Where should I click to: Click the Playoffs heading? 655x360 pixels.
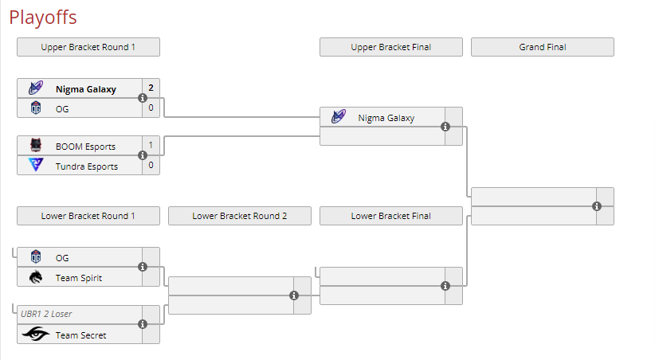[x=43, y=18]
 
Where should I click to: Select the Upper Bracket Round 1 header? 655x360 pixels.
[x=88, y=47]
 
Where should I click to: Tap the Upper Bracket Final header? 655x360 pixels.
[x=390, y=47]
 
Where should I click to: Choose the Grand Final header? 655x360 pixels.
[x=542, y=47]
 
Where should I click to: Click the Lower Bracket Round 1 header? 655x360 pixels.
[x=88, y=216]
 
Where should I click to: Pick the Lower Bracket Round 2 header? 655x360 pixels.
[x=239, y=216]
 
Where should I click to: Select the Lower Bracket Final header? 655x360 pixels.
[x=390, y=216]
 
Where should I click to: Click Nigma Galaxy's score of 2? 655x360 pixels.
[x=151, y=88]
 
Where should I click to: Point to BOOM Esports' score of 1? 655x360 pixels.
[x=151, y=147]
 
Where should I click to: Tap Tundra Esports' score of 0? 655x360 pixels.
[x=151, y=166]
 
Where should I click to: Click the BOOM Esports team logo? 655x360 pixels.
[x=36, y=147]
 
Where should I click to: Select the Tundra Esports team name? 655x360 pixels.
[x=86, y=166]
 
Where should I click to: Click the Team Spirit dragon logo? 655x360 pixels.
[x=36, y=277]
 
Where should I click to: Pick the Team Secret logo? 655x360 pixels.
[x=36, y=335]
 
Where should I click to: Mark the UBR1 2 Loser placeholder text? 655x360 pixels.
[x=46, y=314]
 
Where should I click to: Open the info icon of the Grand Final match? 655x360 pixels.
[x=597, y=206]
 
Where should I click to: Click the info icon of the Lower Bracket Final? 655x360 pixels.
[x=445, y=286]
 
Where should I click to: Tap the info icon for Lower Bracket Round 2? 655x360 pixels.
[x=294, y=295]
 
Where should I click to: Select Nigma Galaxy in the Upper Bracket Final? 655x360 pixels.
[x=386, y=118]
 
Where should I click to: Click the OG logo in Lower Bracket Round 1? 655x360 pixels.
[x=36, y=257]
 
